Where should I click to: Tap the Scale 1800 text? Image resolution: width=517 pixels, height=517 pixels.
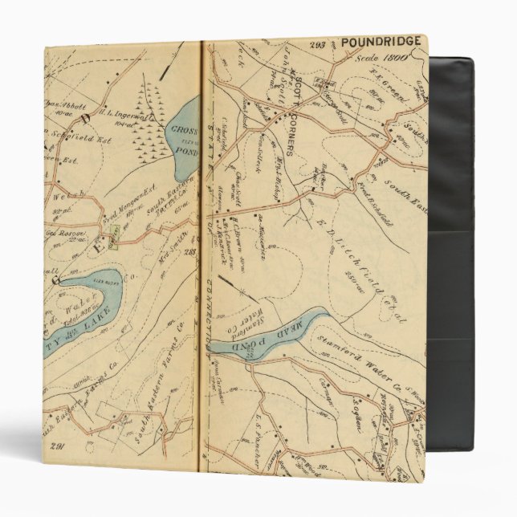pyautogui.click(x=395, y=57)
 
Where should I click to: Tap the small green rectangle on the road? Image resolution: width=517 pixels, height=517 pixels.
pyautogui.click(x=116, y=235)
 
